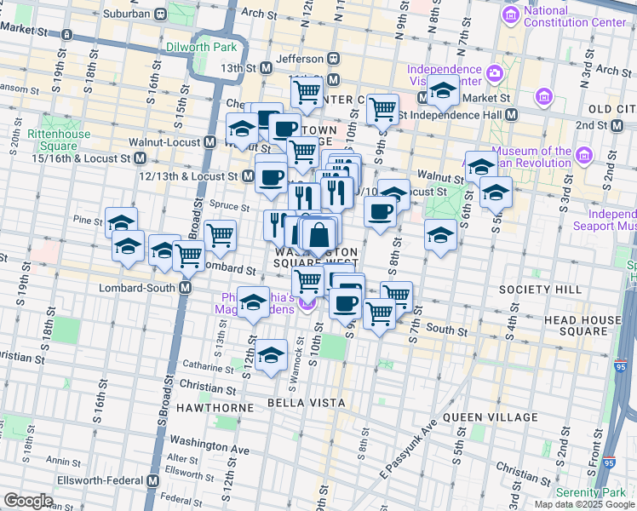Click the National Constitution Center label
(x=575, y=17)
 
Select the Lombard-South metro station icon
(x=185, y=289)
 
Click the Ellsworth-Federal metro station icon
(x=153, y=480)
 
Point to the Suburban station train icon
(x=158, y=14)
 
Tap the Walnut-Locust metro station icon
(x=209, y=142)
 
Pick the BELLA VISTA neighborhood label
(x=307, y=402)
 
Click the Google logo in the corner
(x=28, y=500)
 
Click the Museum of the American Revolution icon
(x=583, y=156)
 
